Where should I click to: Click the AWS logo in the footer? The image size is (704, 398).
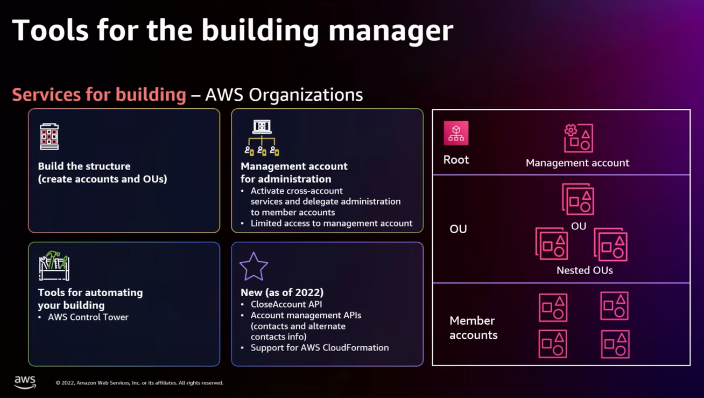25,382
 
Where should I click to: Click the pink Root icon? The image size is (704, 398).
456,133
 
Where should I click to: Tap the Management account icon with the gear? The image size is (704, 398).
578,138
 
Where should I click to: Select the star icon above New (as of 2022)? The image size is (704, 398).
254,267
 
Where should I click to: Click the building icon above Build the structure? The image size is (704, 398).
49,136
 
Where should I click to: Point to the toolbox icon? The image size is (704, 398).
54,266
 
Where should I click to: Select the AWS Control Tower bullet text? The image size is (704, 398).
88,317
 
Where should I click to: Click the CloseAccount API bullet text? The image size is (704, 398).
286,304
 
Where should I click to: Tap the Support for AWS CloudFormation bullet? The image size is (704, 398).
319,348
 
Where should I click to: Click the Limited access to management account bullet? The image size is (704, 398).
331,224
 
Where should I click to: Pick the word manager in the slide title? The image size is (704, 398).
391,30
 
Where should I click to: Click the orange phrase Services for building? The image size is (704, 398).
99,95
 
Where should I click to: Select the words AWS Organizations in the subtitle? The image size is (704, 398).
284,95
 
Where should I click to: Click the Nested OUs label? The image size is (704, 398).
585,270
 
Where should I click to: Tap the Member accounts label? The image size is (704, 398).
473,327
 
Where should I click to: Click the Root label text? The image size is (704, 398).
456,160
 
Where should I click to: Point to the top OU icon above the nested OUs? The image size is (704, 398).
578,199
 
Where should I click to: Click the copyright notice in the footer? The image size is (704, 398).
139,383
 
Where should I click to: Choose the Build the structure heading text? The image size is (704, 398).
84,166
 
